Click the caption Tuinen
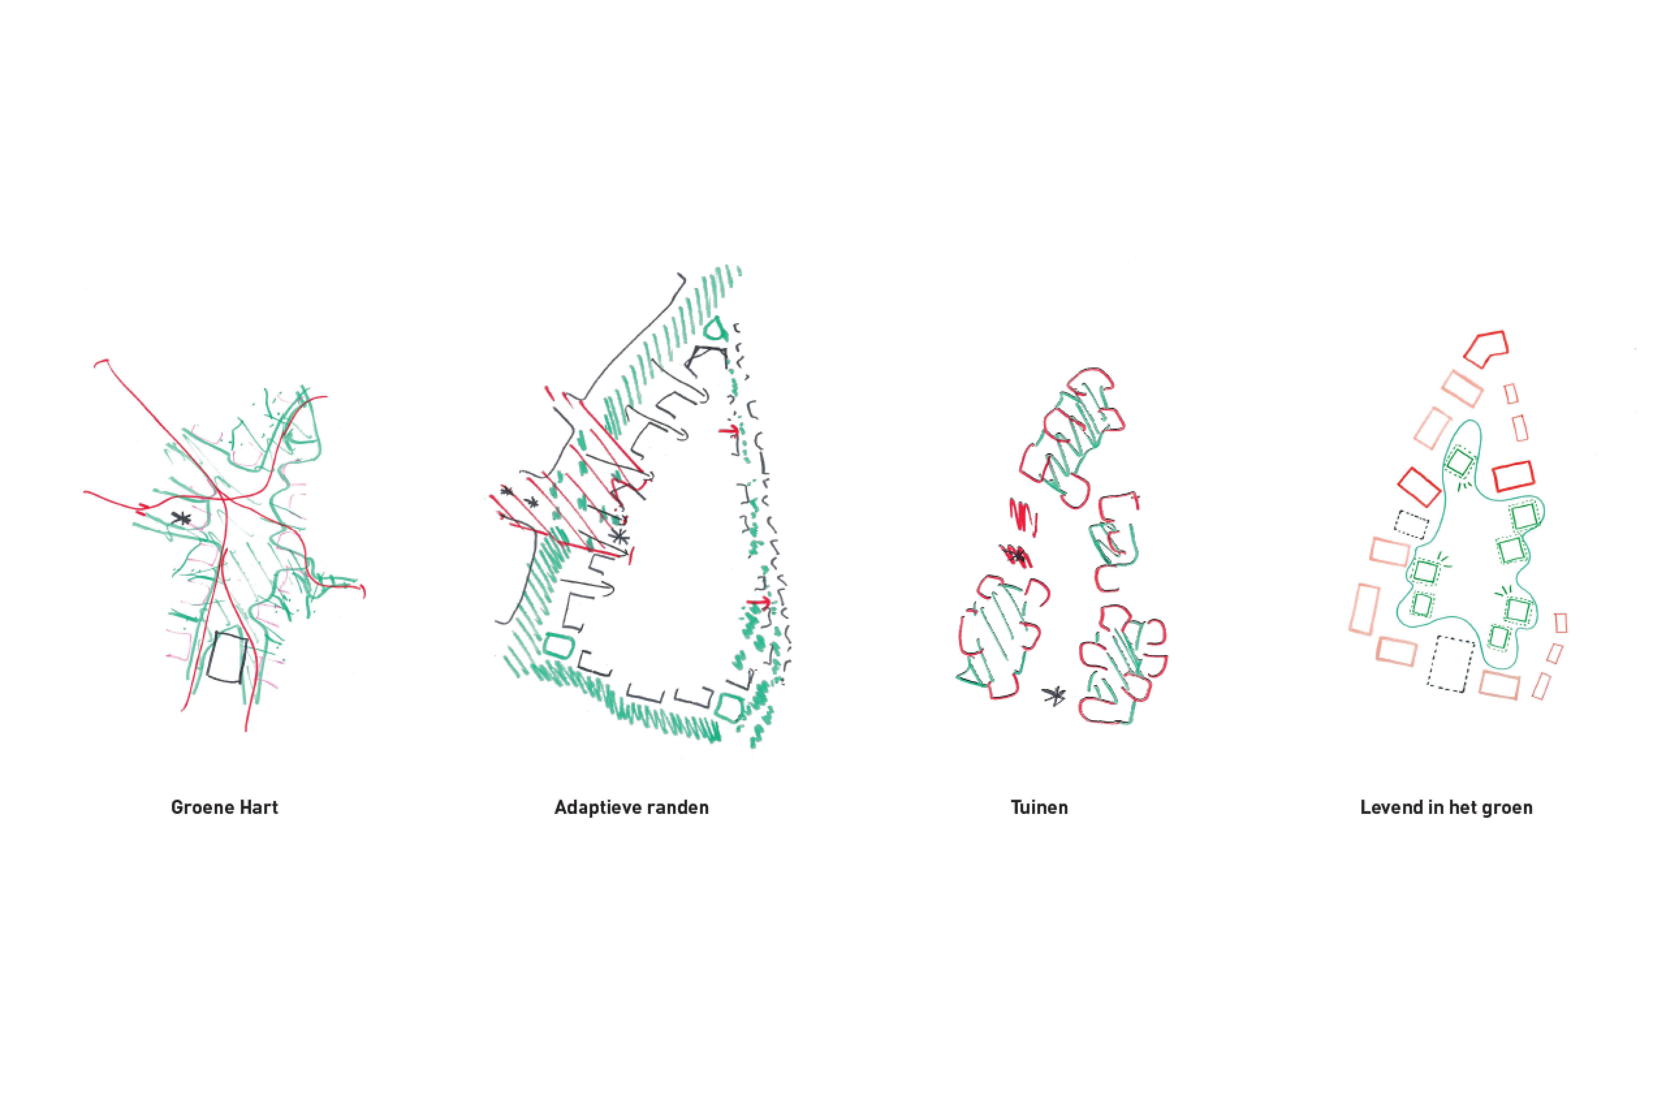coord(1039,808)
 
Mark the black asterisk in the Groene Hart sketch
coord(181,519)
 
